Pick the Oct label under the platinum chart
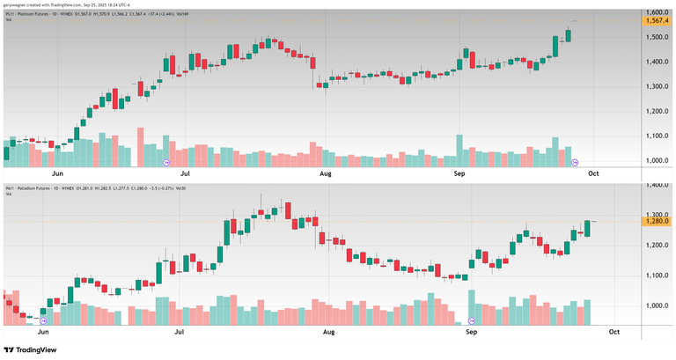(x=593, y=173)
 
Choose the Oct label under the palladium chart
(x=614, y=332)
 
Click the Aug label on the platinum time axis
(x=325, y=173)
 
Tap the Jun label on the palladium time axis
(x=42, y=332)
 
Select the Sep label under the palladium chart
(x=471, y=332)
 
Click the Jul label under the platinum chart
(x=186, y=173)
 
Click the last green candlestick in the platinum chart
(x=569, y=35)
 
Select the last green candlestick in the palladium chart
(x=587, y=228)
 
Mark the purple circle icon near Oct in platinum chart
(x=576, y=163)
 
